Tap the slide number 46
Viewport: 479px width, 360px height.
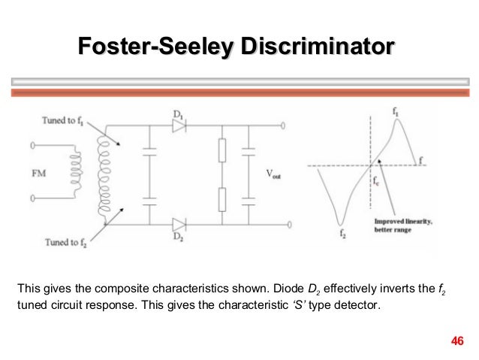[x=456, y=343]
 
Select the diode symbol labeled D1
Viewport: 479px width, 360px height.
[x=179, y=126]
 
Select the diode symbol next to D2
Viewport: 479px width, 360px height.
[x=179, y=224]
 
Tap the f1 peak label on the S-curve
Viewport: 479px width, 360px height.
[x=395, y=110]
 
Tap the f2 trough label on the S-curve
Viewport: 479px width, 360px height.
[x=342, y=235]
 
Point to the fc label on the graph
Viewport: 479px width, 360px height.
[x=377, y=181]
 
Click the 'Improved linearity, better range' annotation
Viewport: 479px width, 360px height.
[x=405, y=225]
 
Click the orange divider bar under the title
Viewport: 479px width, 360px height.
[x=239, y=92]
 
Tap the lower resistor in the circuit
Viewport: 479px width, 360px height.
[x=221, y=199]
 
